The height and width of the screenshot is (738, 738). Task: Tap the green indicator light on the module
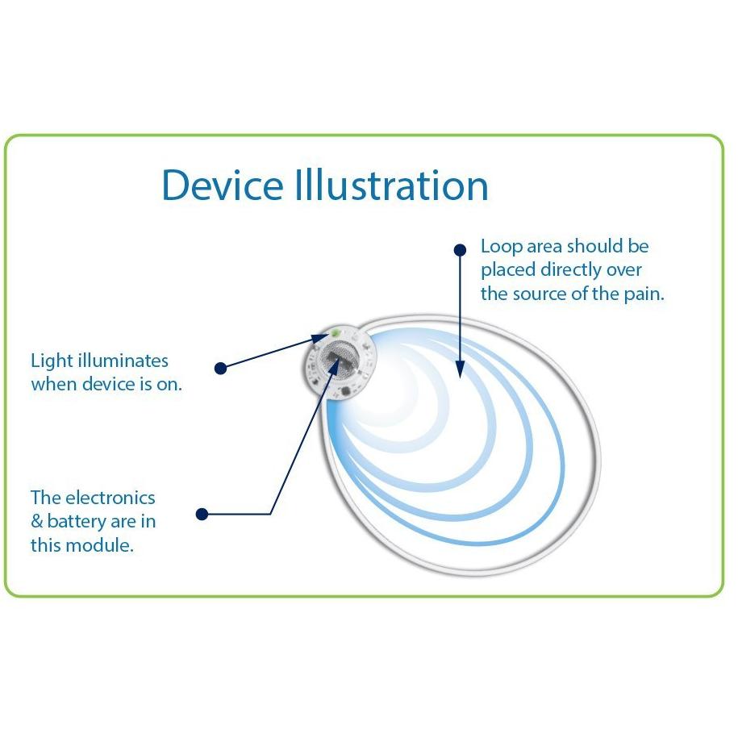(333, 332)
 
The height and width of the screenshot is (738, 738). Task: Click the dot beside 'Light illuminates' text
(220, 368)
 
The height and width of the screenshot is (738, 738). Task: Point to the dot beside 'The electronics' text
(202, 514)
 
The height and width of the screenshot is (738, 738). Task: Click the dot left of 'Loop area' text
(460, 250)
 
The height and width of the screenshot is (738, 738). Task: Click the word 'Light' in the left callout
(50, 361)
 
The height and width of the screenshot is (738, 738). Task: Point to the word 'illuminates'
(121, 361)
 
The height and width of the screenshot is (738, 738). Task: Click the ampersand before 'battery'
(36, 522)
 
